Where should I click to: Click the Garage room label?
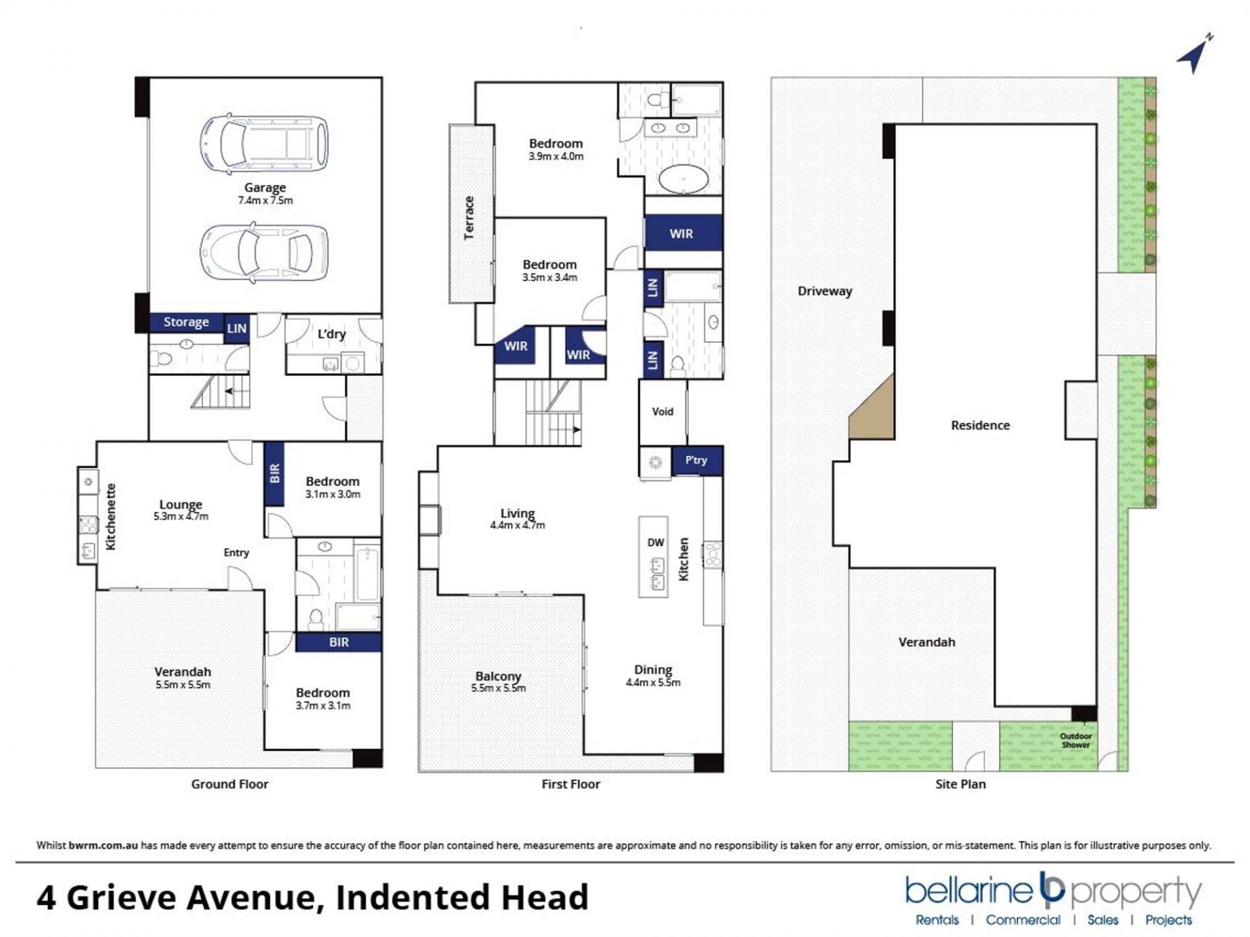pos(265,187)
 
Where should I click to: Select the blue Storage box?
pos(186,322)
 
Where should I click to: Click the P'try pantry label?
pos(696,460)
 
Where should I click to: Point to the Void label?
pos(663,411)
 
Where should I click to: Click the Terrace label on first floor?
pos(469,218)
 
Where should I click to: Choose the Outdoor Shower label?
pos(1076,740)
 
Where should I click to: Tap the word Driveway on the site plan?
pos(825,291)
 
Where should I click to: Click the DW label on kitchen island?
pos(656,543)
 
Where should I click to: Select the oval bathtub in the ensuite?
pos(684,178)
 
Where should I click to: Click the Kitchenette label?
pos(111,517)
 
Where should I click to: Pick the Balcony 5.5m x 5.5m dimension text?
pos(499,688)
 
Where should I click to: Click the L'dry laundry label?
pos(331,334)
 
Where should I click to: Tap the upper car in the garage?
pos(264,144)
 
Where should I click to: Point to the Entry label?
pos(236,552)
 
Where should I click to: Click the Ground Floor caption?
pos(230,784)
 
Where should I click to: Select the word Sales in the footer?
pos(1103,919)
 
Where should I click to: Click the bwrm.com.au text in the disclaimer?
pos(103,845)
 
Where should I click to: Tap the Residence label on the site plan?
pos(980,425)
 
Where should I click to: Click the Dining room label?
pos(653,670)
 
